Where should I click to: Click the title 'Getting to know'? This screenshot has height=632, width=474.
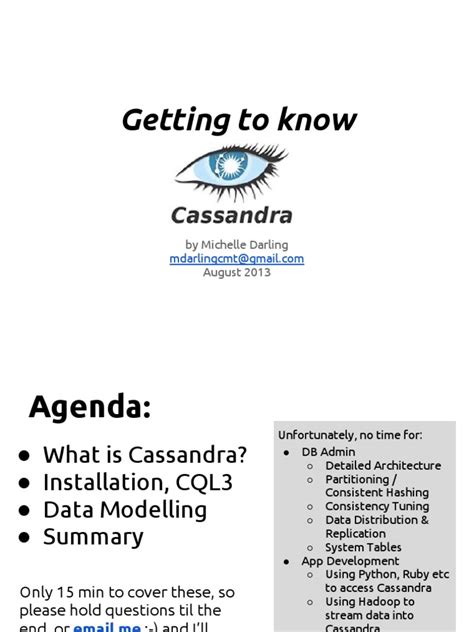238,120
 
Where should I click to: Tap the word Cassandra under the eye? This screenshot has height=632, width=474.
231,214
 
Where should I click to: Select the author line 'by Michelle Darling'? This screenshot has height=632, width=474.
236,244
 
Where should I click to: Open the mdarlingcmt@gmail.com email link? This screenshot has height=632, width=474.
236,258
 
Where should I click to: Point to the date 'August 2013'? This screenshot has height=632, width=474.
236,272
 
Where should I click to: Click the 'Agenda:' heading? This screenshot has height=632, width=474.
90,407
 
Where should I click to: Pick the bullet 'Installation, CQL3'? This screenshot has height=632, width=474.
137,482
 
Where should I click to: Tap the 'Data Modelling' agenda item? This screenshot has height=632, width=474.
125,509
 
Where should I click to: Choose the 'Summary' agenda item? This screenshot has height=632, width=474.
93,536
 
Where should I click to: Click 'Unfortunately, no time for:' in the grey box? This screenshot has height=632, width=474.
350,435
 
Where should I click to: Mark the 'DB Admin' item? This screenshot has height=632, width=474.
328,452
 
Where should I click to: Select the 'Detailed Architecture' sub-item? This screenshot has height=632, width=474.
383,465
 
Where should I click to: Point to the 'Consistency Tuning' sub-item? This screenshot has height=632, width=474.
377,506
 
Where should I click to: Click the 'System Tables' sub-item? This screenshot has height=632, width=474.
363,547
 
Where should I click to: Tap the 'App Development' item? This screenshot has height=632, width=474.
350,561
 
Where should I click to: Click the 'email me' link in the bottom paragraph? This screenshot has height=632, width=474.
107,627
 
